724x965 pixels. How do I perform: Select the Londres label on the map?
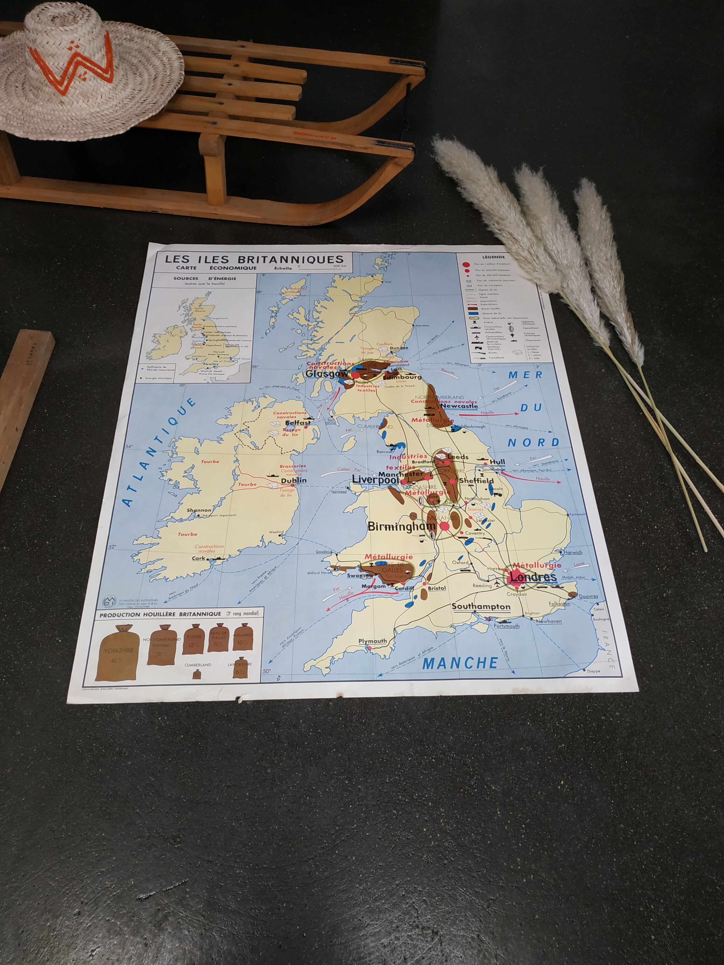pyautogui.click(x=533, y=577)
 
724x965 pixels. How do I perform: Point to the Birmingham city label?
pyautogui.click(x=402, y=526)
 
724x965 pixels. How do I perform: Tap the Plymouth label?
pyautogui.click(x=372, y=641)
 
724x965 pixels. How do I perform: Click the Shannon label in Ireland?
pyautogui.click(x=199, y=510)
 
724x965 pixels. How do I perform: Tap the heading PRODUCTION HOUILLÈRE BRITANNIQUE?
pyautogui.click(x=160, y=614)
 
